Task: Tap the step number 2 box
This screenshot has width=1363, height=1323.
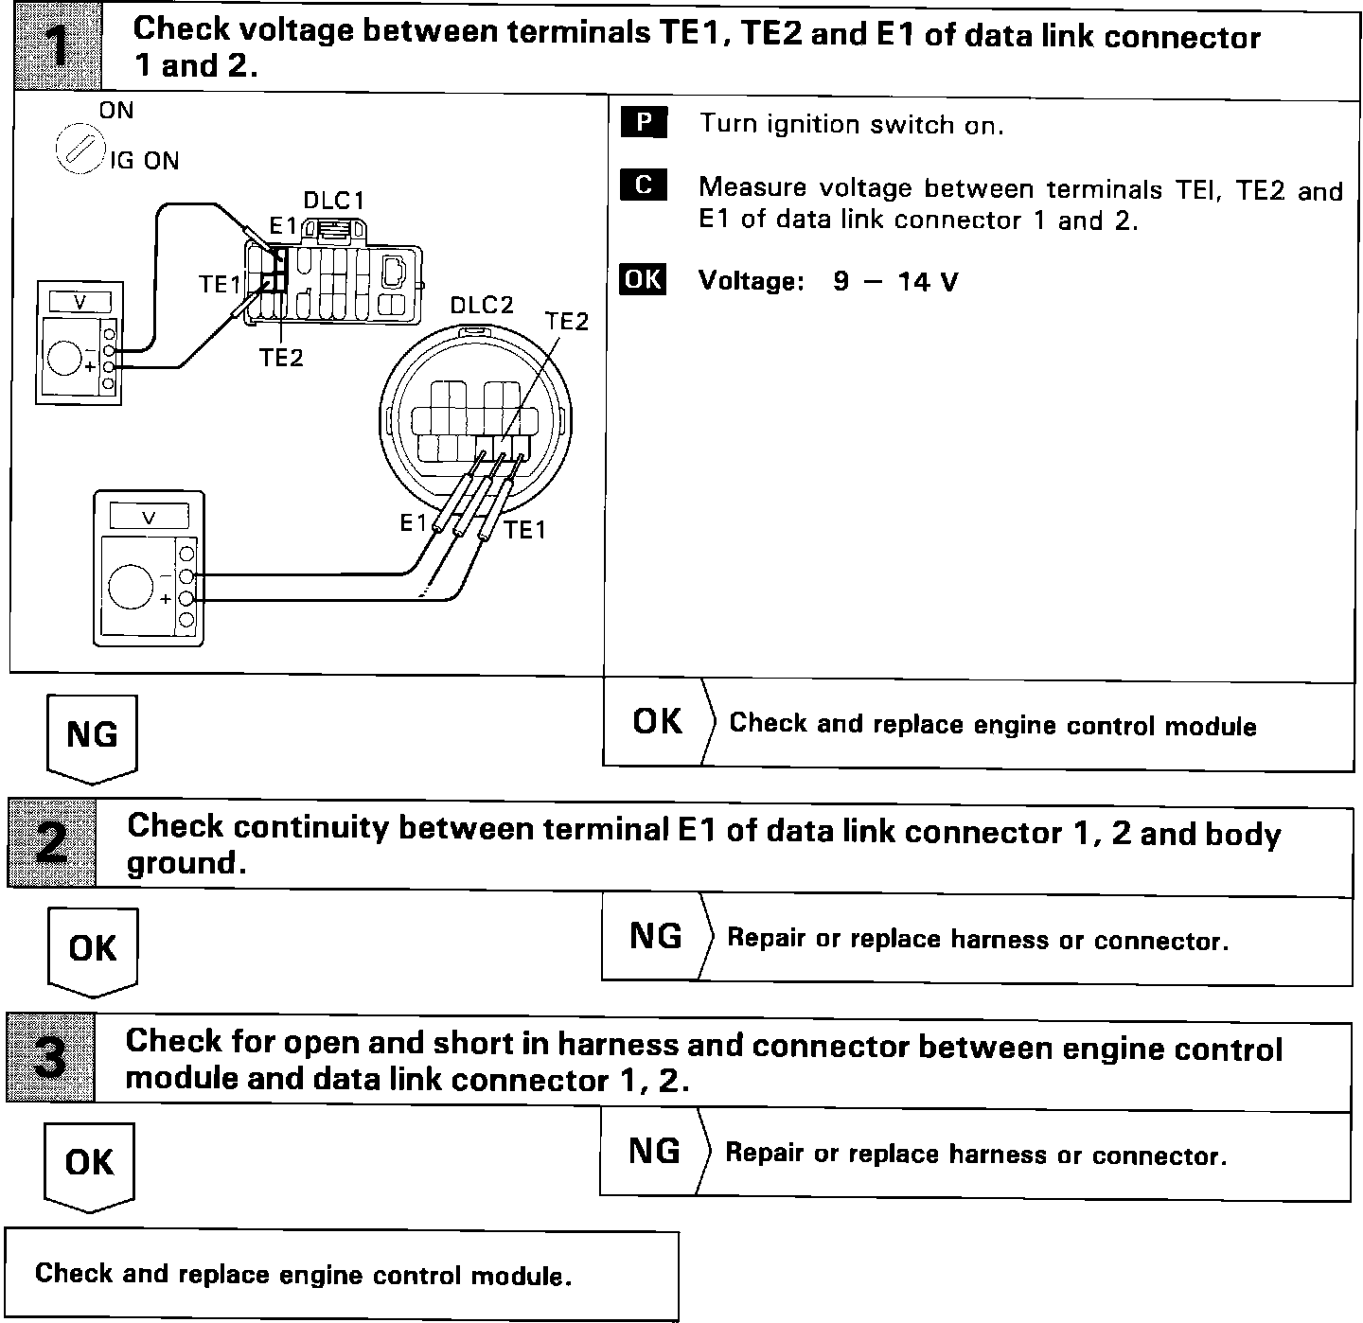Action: (x=52, y=843)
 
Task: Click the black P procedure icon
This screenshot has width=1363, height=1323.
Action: (x=644, y=123)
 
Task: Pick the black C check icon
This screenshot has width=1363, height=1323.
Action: (x=644, y=185)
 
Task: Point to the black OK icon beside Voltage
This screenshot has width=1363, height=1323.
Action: (x=643, y=280)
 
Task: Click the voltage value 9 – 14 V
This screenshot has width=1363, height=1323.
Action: (x=895, y=281)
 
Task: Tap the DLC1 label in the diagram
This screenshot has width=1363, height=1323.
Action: (x=333, y=201)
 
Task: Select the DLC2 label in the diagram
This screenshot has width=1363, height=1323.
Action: (x=481, y=305)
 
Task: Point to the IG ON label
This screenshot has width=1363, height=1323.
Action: (x=144, y=161)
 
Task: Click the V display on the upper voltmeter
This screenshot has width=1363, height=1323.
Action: (x=80, y=302)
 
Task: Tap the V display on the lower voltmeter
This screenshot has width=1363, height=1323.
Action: (x=149, y=517)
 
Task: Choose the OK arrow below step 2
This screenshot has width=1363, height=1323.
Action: (x=93, y=950)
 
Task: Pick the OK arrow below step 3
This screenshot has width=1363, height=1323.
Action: (x=90, y=1165)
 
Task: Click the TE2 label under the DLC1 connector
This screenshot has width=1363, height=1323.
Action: (x=281, y=358)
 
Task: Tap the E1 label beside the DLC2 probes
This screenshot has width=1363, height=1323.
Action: (x=414, y=522)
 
